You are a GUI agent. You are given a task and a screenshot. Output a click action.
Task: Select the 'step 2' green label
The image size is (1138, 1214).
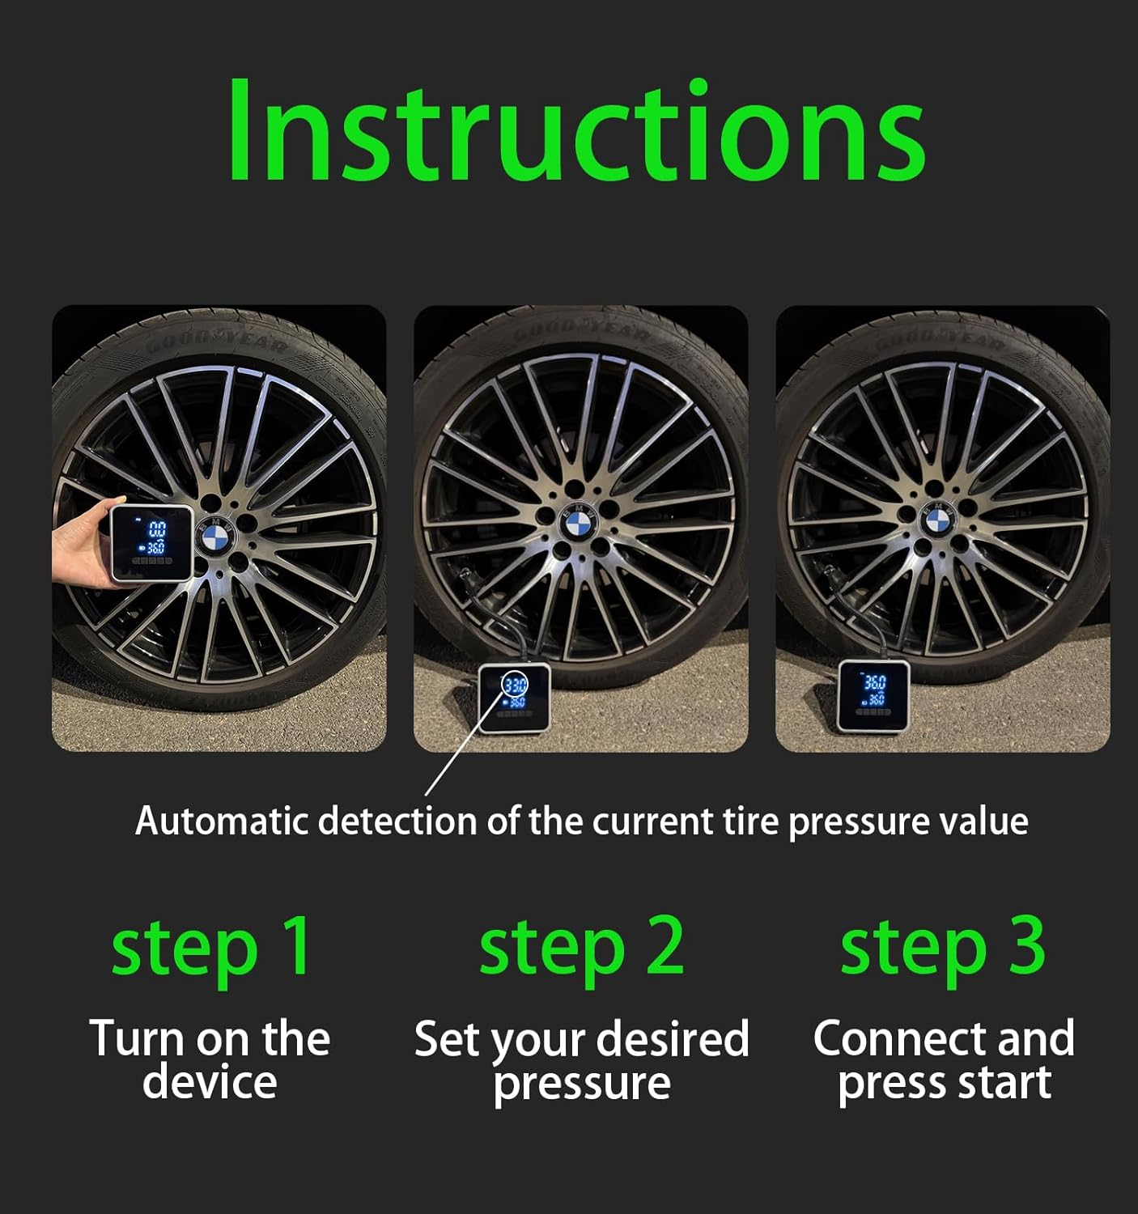coord(580,948)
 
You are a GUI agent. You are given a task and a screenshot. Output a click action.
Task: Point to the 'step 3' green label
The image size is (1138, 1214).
coord(942,948)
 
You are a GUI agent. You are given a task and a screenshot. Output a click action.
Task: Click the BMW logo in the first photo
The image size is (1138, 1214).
coord(215,536)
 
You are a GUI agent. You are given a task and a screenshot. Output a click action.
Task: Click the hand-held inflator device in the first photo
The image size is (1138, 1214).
coord(152,542)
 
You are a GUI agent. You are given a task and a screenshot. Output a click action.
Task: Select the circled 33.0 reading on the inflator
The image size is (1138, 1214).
coord(514,684)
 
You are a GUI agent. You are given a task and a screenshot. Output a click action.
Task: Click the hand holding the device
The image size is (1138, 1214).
coord(81,550)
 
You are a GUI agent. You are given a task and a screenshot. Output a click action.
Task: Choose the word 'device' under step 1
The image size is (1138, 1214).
coord(210,1083)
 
